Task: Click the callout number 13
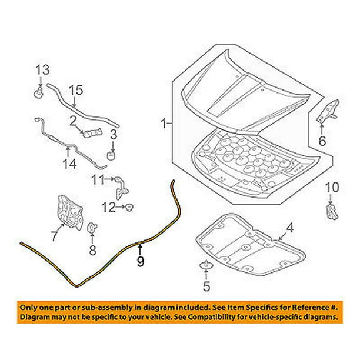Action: (x=42, y=70)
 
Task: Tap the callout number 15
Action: (x=76, y=90)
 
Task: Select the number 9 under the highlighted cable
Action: (x=141, y=261)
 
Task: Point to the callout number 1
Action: (x=164, y=124)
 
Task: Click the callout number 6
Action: (x=322, y=141)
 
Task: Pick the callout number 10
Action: (x=332, y=188)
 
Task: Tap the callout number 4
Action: (x=290, y=228)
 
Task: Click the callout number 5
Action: (x=206, y=286)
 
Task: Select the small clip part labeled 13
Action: (x=39, y=93)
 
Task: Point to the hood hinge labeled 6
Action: (x=328, y=111)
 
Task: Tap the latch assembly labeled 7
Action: (x=70, y=212)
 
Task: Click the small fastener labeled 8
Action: (x=92, y=228)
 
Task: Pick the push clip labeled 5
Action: (x=206, y=265)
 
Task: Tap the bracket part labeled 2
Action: (x=92, y=133)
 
